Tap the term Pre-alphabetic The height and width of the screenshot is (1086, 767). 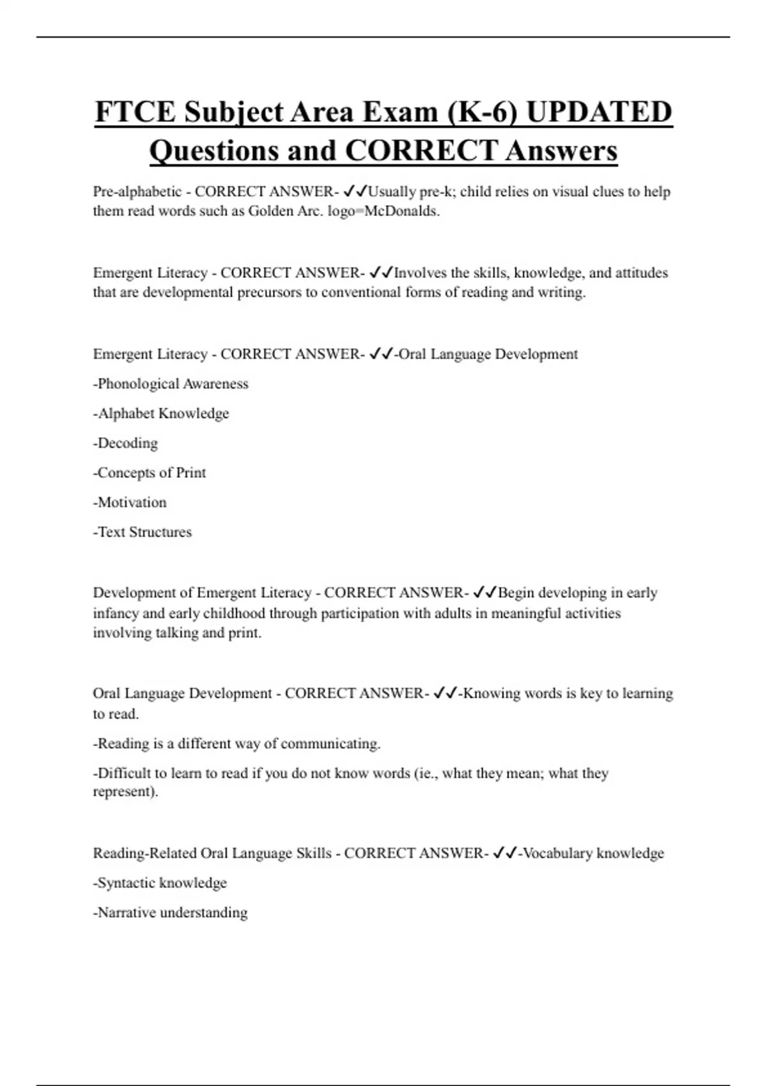(137, 192)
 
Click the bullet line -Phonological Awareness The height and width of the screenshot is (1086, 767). (171, 384)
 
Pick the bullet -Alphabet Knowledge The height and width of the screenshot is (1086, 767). (161, 413)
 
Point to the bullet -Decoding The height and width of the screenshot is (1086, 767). (125, 443)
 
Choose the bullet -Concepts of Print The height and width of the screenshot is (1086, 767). (150, 473)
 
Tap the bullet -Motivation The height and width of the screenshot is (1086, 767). (130, 502)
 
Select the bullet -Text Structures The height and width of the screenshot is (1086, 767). (143, 532)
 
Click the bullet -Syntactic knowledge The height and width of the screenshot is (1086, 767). (160, 883)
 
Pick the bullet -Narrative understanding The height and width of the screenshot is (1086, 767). (171, 912)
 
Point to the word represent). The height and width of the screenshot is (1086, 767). (125, 792)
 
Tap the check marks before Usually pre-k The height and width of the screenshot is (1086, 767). (355, 191)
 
